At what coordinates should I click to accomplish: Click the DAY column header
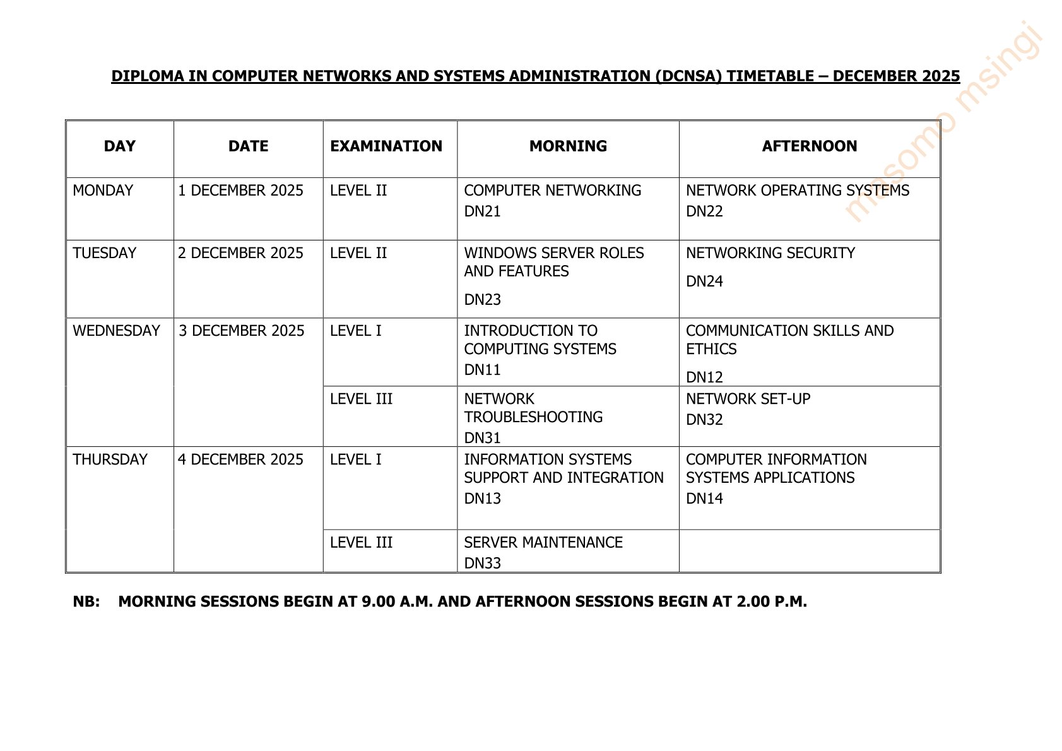coord(119,146)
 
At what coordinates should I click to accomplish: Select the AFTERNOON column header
coord(809,146)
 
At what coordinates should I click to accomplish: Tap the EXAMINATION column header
coord(386,146)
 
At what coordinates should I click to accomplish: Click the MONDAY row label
coord(103,191)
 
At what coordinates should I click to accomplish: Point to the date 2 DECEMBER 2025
coord(240,253)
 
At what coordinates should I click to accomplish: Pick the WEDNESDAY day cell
coord(117,331)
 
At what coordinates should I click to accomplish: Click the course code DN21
coord(482,211)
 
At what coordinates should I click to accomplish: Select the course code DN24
coord(704,281)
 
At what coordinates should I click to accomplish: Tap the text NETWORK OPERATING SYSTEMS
coord(798,191)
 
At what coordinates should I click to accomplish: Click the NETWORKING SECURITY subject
coord(770,253)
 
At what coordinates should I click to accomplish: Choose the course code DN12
coord(704,377)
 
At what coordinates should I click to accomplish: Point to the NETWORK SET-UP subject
coord(748,399)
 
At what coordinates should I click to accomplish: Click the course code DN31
coord(482,438)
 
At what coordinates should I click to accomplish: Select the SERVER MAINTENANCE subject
coord(543,543)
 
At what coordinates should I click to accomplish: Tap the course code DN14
coord(704,499)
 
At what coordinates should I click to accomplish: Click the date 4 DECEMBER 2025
coord(240,459)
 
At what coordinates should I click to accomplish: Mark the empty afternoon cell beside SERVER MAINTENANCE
coord(809,551)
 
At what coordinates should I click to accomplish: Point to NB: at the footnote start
coord(86,601)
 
